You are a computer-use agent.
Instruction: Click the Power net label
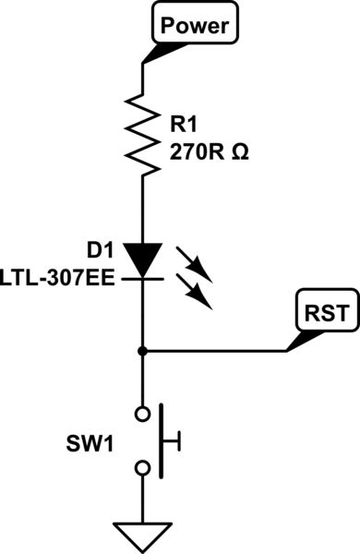coord(194,27)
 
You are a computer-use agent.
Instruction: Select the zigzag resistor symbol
coord(142,133)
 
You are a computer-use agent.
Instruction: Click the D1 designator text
coord(102,248)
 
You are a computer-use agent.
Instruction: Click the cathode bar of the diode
coord(142,277)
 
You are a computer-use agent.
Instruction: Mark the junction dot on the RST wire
coord(142,351)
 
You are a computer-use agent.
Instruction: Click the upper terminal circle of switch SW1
coord(142,412)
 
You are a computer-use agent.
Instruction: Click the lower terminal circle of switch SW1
coord(142,469)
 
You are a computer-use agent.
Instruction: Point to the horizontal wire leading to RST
coord(217,351)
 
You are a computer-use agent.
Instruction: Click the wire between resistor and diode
coord(142,208)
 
